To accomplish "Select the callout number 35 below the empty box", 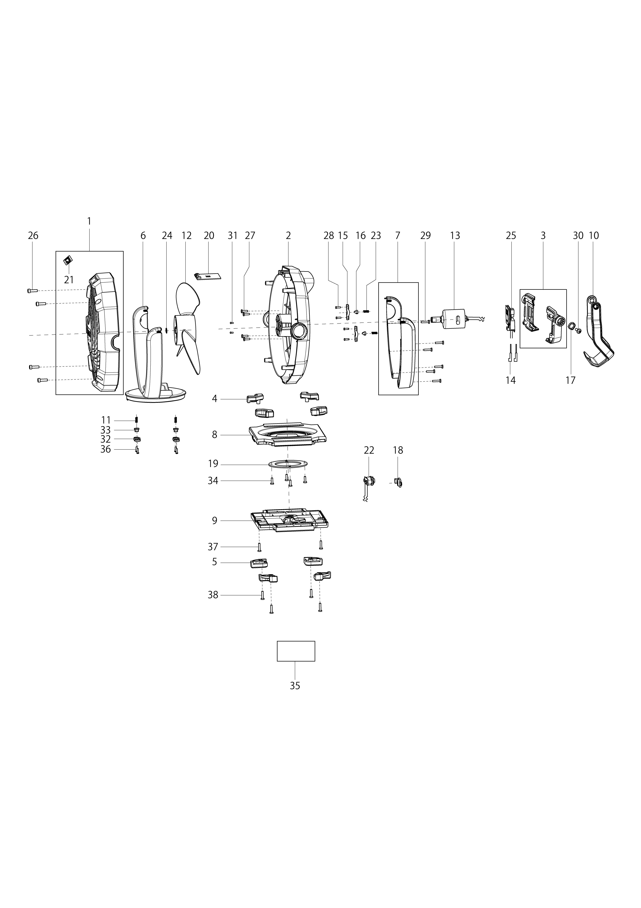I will click(x=295, y=686).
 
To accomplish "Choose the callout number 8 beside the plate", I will click(x=215, y=435).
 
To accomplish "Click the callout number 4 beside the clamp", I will click(x=215, y=398).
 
